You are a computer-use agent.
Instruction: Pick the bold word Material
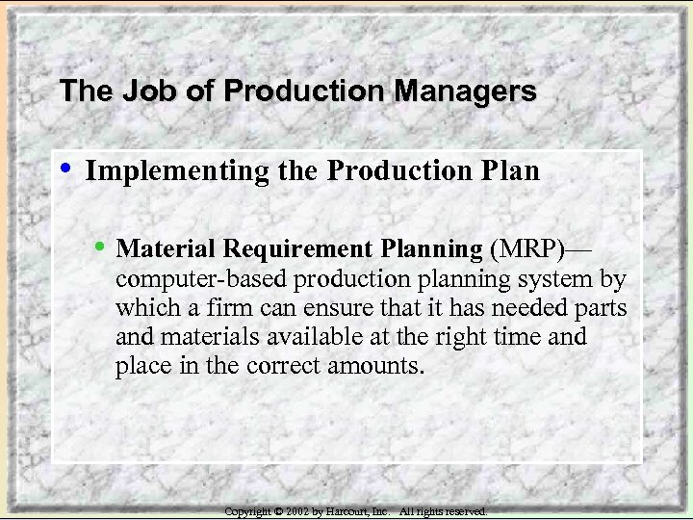point(166,248)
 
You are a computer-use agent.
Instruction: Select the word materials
point(210,337)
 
